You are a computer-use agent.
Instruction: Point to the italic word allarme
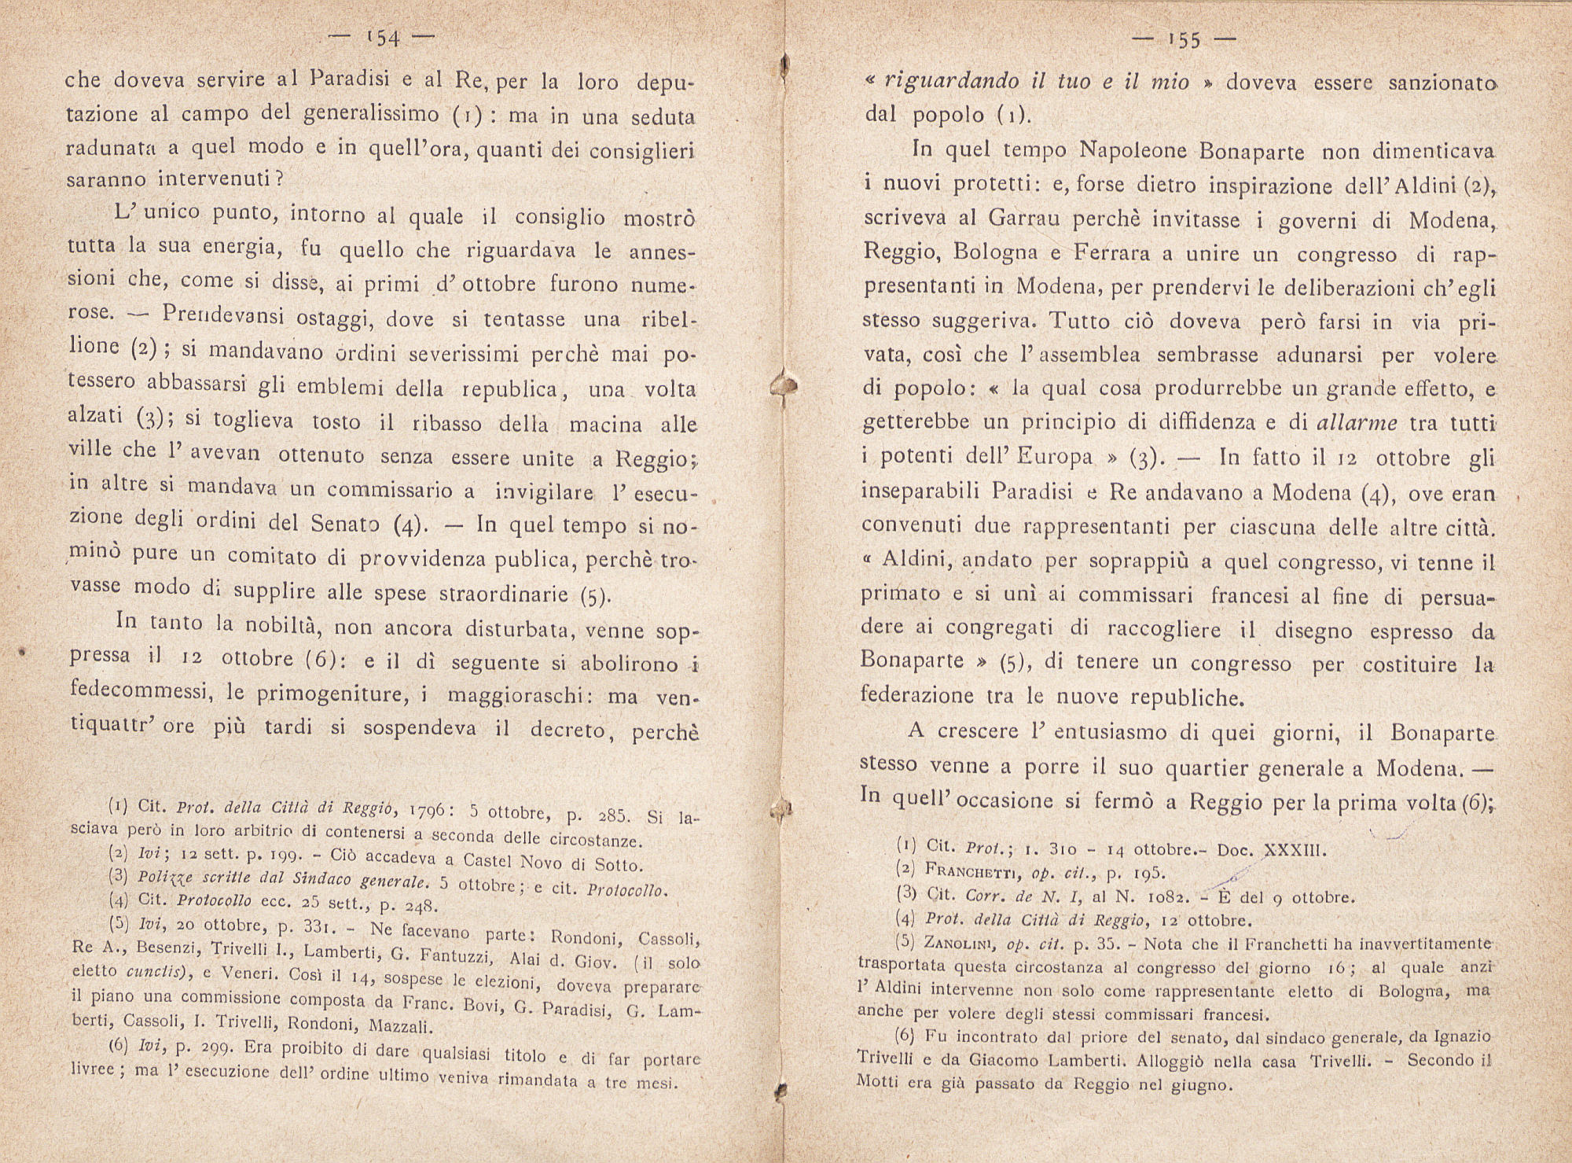pyautogui.click(x=1357, y=423)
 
